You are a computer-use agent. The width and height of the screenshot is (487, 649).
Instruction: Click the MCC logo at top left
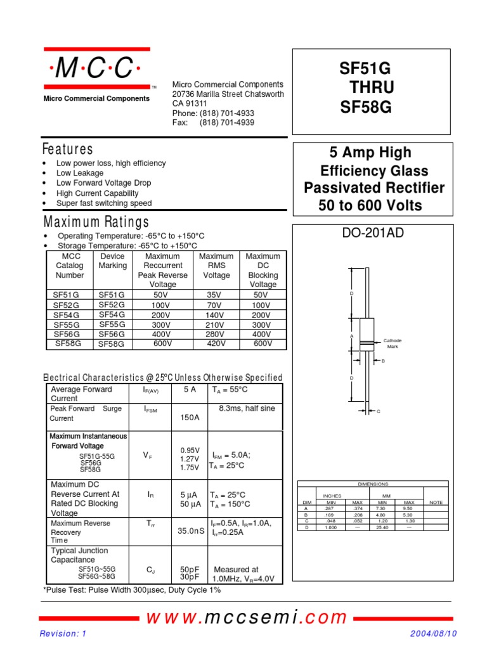point(96,68)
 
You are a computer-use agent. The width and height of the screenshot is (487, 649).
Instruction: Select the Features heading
point(67,150)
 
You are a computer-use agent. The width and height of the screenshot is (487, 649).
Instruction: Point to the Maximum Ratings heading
point(96,222)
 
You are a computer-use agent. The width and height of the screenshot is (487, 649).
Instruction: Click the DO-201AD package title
point(373,233)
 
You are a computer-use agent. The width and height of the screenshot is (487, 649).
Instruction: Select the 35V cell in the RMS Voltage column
point(214,295)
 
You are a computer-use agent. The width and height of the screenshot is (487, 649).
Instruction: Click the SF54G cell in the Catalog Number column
point(67,315)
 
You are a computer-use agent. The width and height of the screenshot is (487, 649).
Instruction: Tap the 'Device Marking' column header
point(113,261)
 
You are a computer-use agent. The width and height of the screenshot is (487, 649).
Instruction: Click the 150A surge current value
point(190,418)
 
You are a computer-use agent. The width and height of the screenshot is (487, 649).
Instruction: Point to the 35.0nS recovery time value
point(191,532)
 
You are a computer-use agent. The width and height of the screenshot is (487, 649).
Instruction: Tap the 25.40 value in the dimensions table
point(382,527)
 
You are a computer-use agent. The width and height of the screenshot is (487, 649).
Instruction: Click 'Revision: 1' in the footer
point(63,634)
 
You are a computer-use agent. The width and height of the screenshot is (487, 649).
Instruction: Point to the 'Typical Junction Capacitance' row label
point(80,555)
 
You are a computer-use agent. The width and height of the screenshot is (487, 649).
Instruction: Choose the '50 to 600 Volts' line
point(371,205)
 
